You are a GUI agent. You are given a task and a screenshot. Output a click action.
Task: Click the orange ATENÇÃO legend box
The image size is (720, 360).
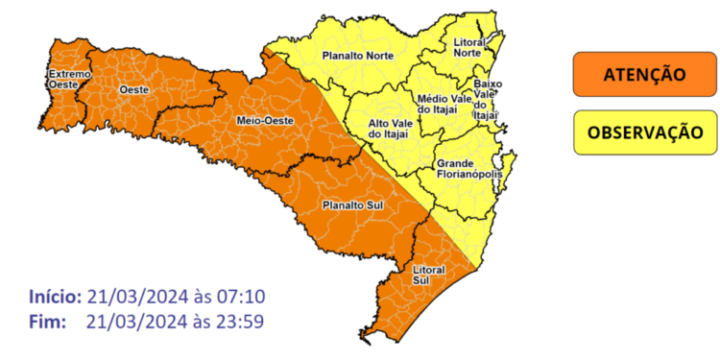click(644, 74)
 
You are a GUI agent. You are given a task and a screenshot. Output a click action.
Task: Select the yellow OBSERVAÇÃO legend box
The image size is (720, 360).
click(644, 132)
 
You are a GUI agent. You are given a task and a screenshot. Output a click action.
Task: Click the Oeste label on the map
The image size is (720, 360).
click(132, 89)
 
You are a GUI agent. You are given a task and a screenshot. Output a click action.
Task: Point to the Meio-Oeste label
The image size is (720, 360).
click(260, 121)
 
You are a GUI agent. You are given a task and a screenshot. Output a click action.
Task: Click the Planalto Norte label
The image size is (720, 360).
click(356, 56)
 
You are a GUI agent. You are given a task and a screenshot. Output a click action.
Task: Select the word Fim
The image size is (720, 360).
click(47, 321)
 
